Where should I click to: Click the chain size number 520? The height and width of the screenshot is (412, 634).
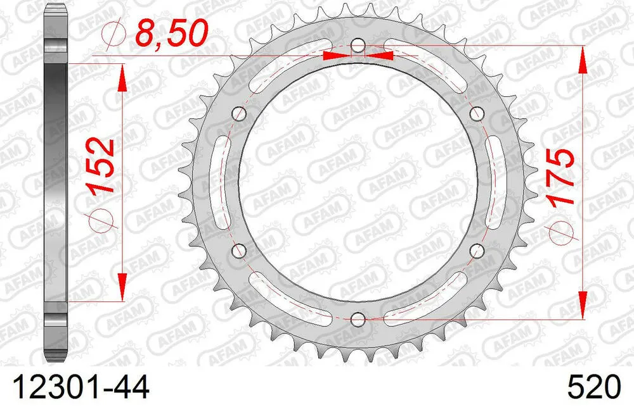coord(590,387)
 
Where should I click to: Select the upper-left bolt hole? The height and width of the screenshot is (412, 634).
coord(240,114)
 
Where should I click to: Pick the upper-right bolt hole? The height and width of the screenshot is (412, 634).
coord(476,114)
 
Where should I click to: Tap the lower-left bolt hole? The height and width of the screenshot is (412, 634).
coord(240,250)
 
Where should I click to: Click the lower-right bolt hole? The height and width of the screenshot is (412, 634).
coord(476,250)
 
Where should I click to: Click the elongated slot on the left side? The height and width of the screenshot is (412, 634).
coord(221,182)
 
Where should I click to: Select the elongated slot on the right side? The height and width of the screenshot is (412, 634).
coord(495,182)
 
